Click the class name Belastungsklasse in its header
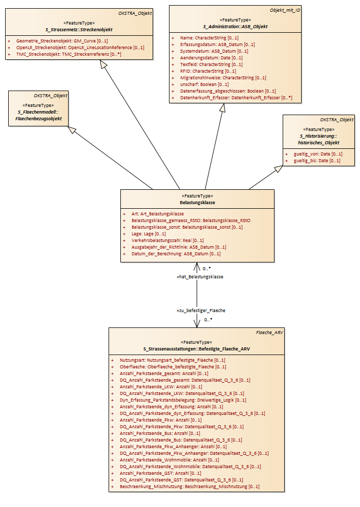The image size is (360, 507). pyautogui.click(x=198, y=203)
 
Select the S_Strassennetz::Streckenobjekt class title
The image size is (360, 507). pyautogui.click(x=79, y=30)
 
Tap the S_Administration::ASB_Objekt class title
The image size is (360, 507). pyautogui.click(x=236, y=27)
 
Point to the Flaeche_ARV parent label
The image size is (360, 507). pyautogui.click(x=269, y=333)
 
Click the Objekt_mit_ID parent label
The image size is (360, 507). pyautogui.click(x=285, y=10)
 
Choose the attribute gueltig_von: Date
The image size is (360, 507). pyautogui.click(x=318, y=154)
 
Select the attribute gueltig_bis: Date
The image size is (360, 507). pyautogui.click(x=317, y=161)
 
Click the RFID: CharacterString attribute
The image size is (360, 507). pyautogui.click(x=208, y=71)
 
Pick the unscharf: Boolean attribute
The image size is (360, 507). pyautogui.click(x=204, y=84)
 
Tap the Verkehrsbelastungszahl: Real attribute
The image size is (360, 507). pyautogui.click(x=167, y=240)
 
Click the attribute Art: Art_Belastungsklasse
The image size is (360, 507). pyautogui.click(x=157, y=214)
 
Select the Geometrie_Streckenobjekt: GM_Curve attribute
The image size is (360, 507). pyautogui.click(x=62, y=41)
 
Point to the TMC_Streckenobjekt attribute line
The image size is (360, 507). pyautogui.click(x=69, y=54)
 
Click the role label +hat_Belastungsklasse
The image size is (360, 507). pyautogui.click(x=200, y=277)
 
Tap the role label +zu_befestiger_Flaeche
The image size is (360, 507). pyautogui.click(x=201, y=311)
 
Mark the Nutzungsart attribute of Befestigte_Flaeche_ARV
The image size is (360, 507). pyautogui.click(x=172, y=360)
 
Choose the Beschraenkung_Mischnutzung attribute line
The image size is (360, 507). pyautogui.click(x=189, y=487)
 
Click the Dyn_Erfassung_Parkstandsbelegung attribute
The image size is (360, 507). pyautogui.click(x=183, y=400)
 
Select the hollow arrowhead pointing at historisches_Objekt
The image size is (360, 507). pyautogui.click(x=279, y=168)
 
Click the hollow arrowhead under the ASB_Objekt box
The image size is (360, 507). pyautogui.click(x=222, y=107)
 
